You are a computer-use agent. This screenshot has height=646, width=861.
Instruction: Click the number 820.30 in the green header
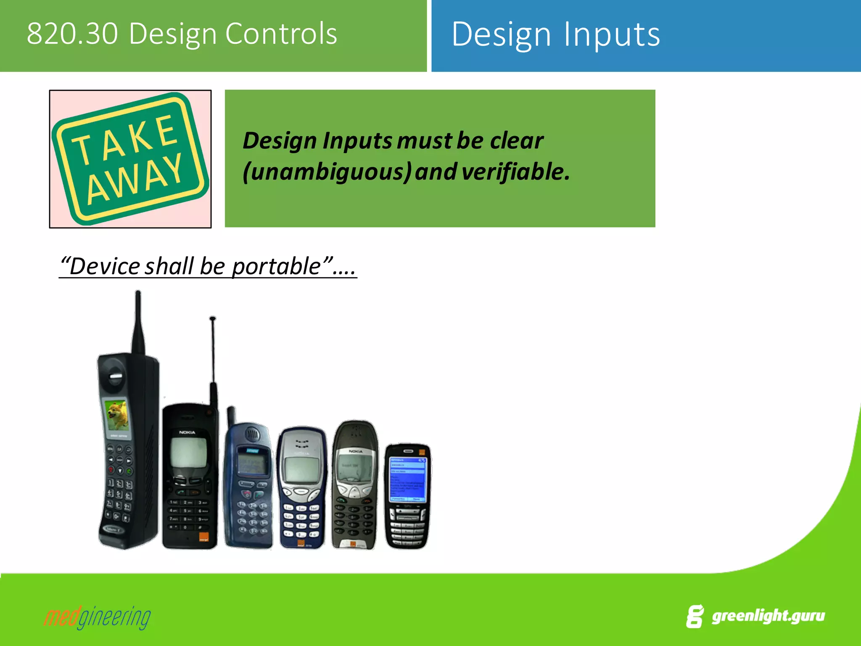pos(72,34)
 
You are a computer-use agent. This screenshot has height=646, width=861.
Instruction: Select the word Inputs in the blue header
pos(612,34)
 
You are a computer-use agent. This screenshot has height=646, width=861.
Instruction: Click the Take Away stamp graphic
pos(130,159)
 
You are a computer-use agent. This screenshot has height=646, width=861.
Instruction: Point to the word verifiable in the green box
pos(515,172)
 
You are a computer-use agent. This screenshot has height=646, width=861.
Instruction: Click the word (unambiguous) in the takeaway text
pos(327,172)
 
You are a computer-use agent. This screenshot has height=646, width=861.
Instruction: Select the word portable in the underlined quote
pos(276,266)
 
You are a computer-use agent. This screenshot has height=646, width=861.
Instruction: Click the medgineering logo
pos(97,617)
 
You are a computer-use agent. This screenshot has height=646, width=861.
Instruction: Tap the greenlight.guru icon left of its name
pos(695,617)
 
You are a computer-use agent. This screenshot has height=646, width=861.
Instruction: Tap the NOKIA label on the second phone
pos(187,432)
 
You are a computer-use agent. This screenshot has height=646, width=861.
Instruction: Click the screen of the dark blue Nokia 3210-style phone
pos(301,469)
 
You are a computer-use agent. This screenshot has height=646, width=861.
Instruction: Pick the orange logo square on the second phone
pos(203,538)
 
